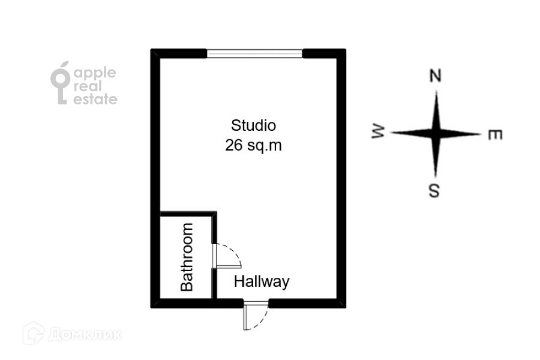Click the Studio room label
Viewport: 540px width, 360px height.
[x=253, y=126]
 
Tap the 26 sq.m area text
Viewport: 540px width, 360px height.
[x=253, y=145]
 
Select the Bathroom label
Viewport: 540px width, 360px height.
[x=187, y=257]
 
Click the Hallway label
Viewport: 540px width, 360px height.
[x=262, y=281]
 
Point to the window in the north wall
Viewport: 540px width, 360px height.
[x=255, y=53]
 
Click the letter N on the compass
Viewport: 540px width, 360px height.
[x=436, y=76]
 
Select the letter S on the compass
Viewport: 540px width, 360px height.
[x=435, y=191]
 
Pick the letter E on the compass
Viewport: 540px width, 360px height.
[x=494, y=135]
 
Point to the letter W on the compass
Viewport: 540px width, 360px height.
[x=378, y=133]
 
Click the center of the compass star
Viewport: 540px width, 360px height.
[x=436, y=133]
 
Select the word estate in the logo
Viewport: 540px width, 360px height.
[x=95, y=100]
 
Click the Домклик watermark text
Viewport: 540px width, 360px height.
[x=85, y=334]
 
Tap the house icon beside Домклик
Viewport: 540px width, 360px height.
[x=34, y=334]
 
